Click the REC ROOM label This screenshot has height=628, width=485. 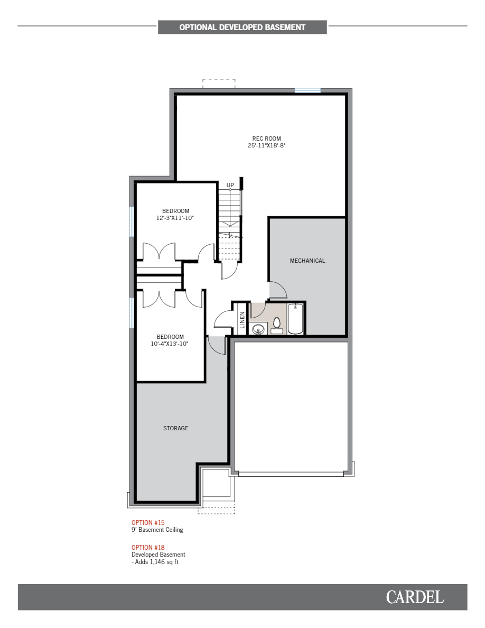[x=266, y=138]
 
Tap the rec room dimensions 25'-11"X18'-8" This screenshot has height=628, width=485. [x=266, y=145]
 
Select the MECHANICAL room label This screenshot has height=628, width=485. [x=307, y=261]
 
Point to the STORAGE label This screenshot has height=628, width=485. [x=175, y=428]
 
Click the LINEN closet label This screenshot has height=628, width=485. [x=242, y=320]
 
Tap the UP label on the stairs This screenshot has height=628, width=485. [x=230, y=185]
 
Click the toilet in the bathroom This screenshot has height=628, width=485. [x=277, y=325]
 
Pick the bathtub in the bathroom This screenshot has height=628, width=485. [x=295, y=319]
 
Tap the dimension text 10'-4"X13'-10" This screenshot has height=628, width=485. [x=170, y=344]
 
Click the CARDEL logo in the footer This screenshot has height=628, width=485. [x=415, y=597]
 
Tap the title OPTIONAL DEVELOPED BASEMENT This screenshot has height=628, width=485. [x=242, y=27]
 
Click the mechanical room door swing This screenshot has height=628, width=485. [x=278, y=290]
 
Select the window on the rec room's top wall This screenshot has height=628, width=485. [x=307, y=90]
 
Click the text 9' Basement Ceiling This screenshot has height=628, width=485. [x=157, y=530]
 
